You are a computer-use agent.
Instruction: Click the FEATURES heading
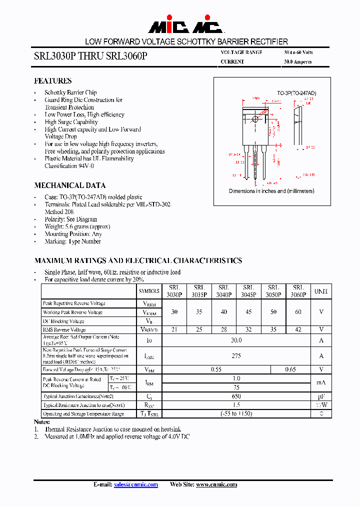pos(52,80)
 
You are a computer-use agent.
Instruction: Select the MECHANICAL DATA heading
pos(69,185)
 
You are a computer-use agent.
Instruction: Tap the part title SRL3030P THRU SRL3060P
pos(90,56)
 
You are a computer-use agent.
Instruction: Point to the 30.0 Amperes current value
pos(297,62)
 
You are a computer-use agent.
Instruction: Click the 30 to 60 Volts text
pos(298,52)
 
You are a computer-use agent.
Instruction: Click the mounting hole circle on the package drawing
pos(256,119)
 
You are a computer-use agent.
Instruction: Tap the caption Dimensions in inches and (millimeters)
pos(271,191)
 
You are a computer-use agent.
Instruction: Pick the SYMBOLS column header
pos(148,291)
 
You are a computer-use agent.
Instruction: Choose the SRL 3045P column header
pos(248,291)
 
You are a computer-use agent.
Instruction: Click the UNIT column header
pos(321,291)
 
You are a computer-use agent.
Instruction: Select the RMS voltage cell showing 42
pos(298,329)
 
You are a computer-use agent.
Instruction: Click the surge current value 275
pos(236,356)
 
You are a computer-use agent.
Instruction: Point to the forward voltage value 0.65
pos(290,369)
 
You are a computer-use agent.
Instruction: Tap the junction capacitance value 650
pos(236,396)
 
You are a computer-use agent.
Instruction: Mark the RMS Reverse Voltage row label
pos(64,329)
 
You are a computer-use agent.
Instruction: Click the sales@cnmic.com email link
pos(135,484)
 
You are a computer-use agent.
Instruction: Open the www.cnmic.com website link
pos(216,484)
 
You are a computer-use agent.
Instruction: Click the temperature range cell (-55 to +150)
pos(236,413)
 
